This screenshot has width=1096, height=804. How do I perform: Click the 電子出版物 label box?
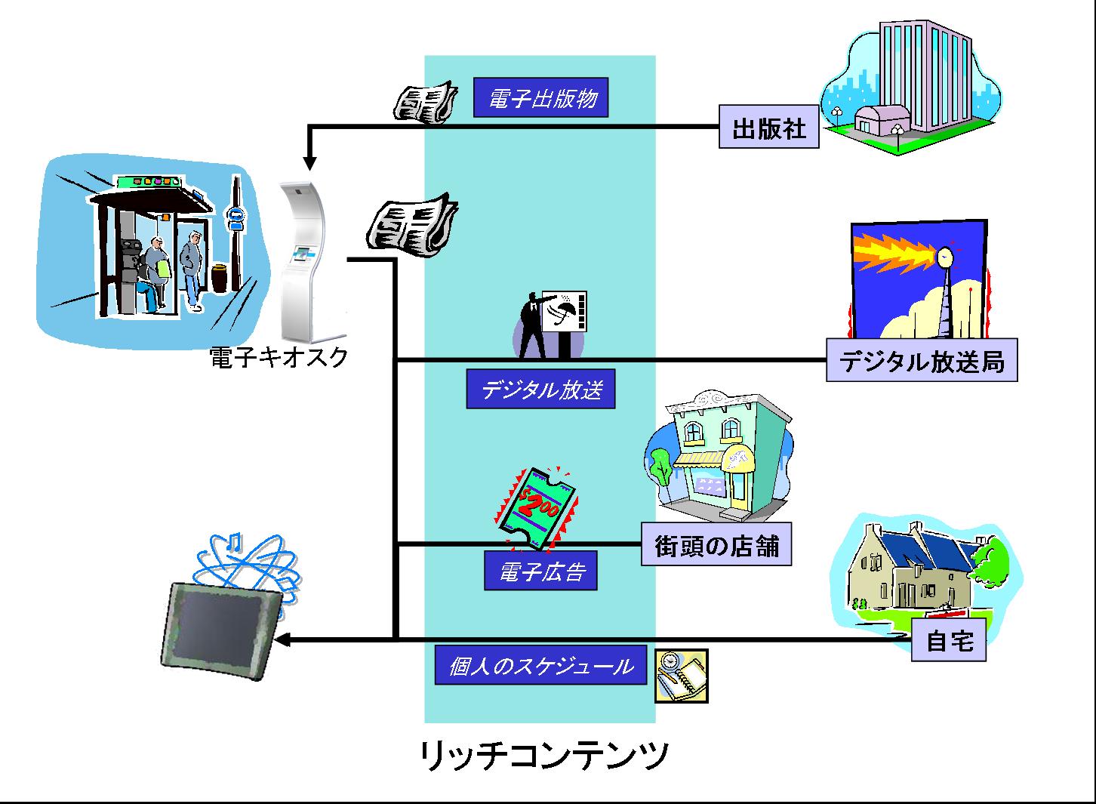coord(540,98)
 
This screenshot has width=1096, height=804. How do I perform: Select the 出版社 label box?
coord(768,128)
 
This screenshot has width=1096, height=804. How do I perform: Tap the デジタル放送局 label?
coord(921,362)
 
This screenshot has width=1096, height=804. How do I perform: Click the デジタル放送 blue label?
coord(540,390)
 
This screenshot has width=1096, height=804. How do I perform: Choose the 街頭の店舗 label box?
coord(716,545)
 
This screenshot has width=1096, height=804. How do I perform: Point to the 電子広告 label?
coord(540,571)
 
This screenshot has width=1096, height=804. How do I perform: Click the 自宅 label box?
coord(949,641)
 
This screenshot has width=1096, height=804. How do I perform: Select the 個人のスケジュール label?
coord(540,666)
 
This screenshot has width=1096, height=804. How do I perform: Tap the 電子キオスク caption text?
coord(279,356)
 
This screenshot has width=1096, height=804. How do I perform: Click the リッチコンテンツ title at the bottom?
coord(543,755)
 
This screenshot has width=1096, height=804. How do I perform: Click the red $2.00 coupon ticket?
coord(537,506)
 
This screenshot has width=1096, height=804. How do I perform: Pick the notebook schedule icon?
coord(681,676)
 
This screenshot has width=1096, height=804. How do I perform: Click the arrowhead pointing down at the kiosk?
coord(309,162)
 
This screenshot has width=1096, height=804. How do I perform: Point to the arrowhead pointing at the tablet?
coord(282,640)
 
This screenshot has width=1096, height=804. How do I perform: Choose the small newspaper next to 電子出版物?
coord(425,102)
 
